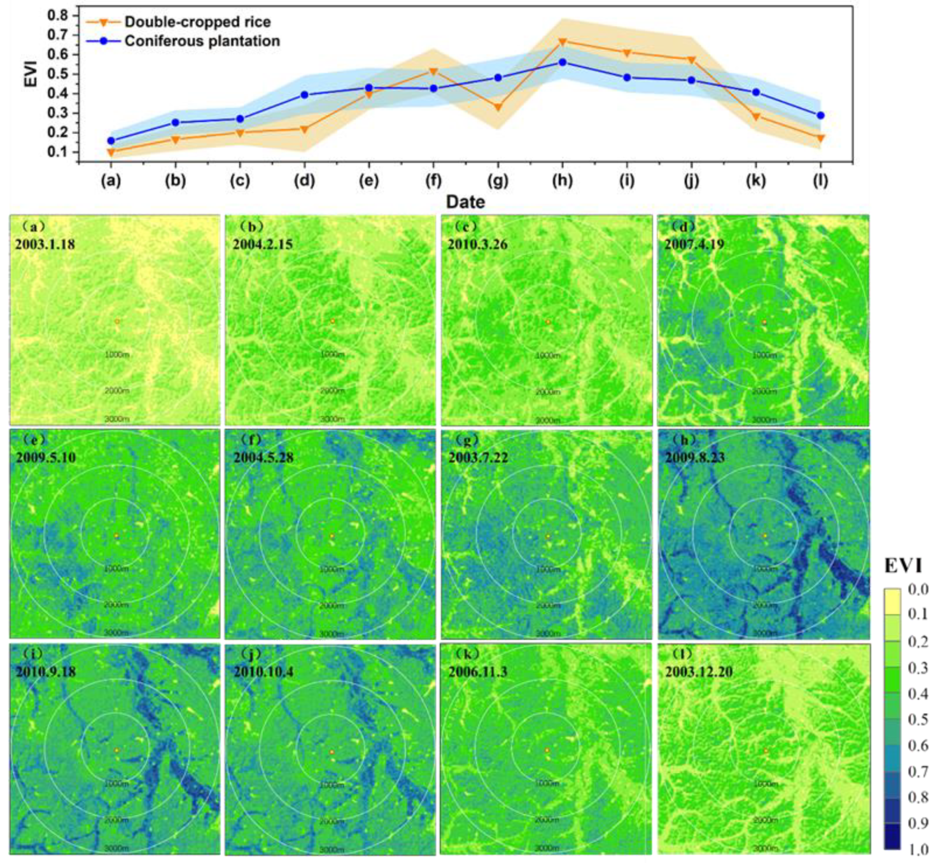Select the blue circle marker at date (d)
[x=304, y=95]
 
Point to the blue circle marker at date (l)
[x=820, y=115]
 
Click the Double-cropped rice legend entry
[x=197, y=22]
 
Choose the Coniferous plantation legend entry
[x=202, y=41]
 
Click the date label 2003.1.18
[x=45, y=244]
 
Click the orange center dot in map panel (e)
[x=117, y=536]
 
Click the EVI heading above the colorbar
[x=903, y=566]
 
